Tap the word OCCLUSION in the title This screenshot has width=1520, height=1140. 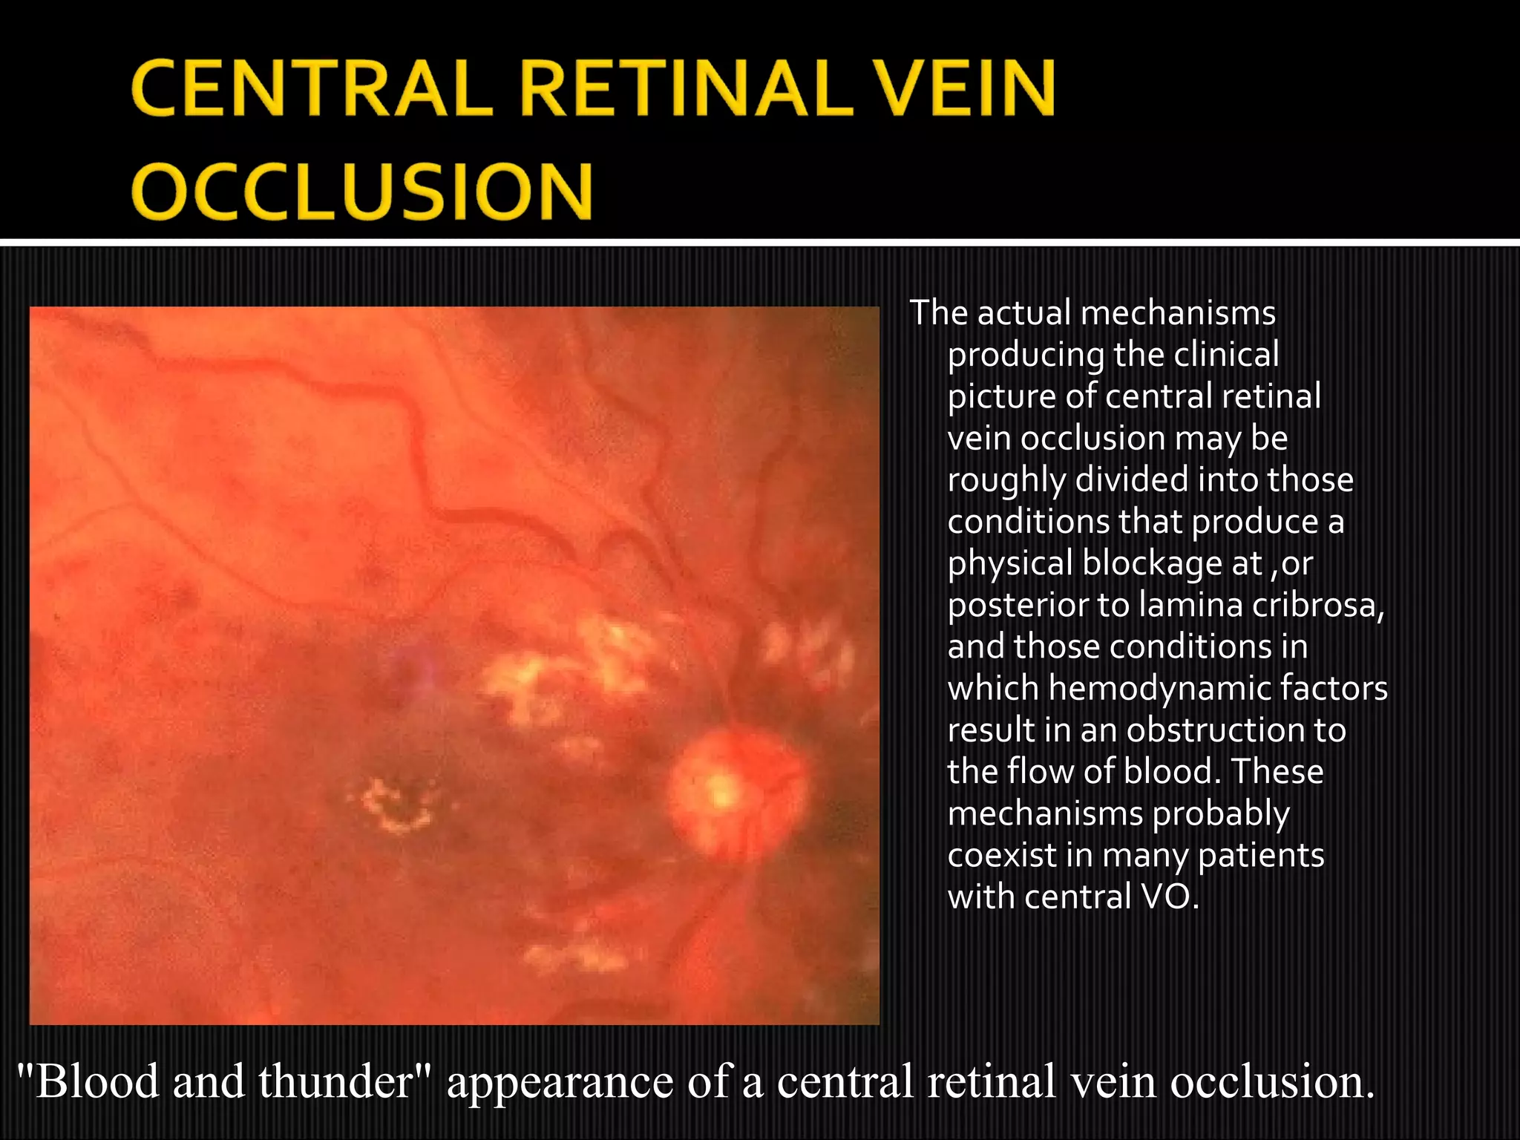[363, 191]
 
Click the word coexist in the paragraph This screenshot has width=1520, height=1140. [1002, 856]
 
